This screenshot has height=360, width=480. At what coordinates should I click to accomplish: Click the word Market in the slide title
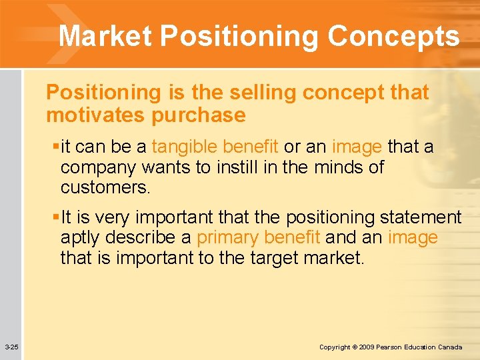pyautogui.click(x=105, y=36)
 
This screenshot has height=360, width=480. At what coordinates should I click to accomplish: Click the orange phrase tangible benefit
pyautogui.click(x=215, y=147)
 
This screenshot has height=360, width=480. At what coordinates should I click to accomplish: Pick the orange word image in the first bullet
pyautogui.click(x=357, y=147)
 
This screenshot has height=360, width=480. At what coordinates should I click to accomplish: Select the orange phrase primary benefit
pyautogui.click(x=259, y=237)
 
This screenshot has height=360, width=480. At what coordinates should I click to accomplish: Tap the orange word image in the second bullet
pyautogui.click(x=413, y=237)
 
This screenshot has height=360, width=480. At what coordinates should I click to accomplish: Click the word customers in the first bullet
pyautogui.click(x=105, y=187)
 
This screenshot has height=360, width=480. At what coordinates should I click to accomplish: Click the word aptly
pyautogui.click(x=81, y=237)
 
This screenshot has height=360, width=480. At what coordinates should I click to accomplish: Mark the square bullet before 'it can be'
pyautogui.click(x=56, y=147)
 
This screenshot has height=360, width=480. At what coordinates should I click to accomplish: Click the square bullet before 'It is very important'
pyautogui.click(x=56, y=217)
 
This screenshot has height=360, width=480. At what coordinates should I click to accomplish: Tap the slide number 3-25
pyautogui.click(x=11, y=347)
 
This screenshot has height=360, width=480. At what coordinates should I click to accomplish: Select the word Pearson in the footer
pyautogui.click(x=397, y=347)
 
